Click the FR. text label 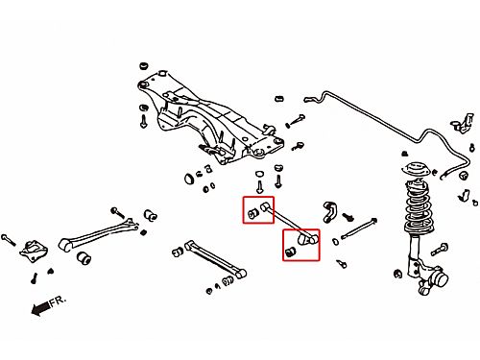tap(58, 300)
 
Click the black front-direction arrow tap(40, 308)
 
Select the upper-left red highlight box tap(258, 210)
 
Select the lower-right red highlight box tap(300, 245)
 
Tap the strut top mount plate tap(415, 170)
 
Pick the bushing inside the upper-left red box tap(253, 213)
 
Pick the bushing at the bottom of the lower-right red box tap(290, 252)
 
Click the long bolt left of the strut tap(359, 228)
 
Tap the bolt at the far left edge tap(9, 240)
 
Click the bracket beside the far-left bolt tap(34, 250)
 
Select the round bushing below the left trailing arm tap(84, 258)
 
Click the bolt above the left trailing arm tap(118, 212)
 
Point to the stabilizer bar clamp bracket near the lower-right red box tap(329, 211)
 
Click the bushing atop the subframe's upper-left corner tap(144, 66)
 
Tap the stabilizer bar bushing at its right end tap(463, 176)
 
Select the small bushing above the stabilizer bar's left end tap(279, 98)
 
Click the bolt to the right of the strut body tap(440, 250)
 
